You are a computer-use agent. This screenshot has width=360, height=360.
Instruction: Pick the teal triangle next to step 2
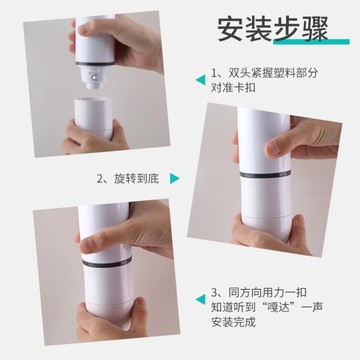point(173,180)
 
